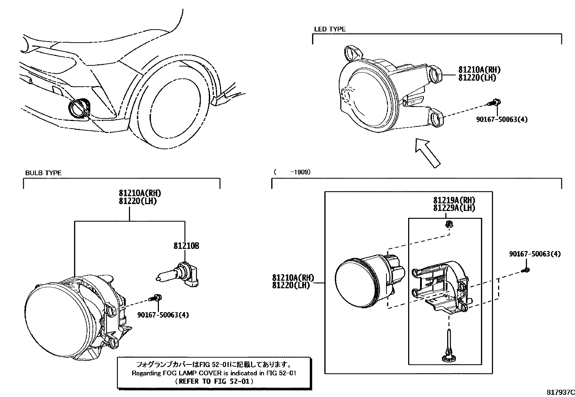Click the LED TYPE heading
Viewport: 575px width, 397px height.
[x=329, y=29]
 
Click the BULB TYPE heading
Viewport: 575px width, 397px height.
[x=43, y=173]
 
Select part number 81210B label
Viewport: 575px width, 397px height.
[x=186, y=246]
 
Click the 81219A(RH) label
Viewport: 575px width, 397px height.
[x=454, y=200]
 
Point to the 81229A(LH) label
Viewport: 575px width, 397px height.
[x=454, y=208]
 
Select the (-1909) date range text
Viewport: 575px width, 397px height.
[x=292, y=172]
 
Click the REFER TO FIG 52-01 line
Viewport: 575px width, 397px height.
[x=214, y=381]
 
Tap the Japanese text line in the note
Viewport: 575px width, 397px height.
[x=214, y=364]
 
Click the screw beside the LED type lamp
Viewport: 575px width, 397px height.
[x=493, y=103]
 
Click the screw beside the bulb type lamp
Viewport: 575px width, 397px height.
[x=156, y=298]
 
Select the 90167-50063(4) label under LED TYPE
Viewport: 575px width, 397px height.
[x=501, y=119]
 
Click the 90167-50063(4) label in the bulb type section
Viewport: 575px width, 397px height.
[x=163, y=315]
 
